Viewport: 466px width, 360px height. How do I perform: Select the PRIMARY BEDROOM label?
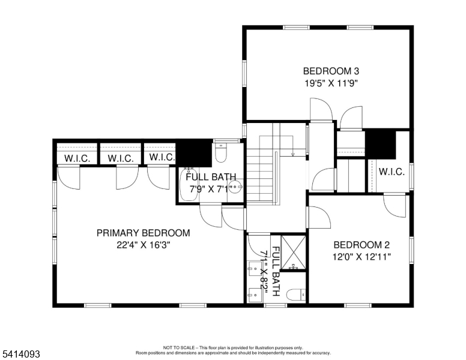pos(144,233)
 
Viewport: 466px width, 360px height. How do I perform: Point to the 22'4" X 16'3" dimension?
pos(144,245)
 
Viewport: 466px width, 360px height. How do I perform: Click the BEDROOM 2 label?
pos(362,245)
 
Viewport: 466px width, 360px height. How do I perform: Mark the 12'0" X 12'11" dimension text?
pos(362,257)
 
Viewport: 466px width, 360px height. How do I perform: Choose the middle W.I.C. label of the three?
pos(120,158)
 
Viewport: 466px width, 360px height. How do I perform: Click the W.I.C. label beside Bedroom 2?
pos(390,172)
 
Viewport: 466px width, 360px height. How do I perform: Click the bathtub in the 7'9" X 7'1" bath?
pos(187,185)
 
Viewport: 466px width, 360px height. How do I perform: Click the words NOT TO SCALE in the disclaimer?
pos(180,347)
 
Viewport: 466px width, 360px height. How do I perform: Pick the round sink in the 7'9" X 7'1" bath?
pos(238,187)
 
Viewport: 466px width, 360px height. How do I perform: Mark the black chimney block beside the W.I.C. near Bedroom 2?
pos(380,144)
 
